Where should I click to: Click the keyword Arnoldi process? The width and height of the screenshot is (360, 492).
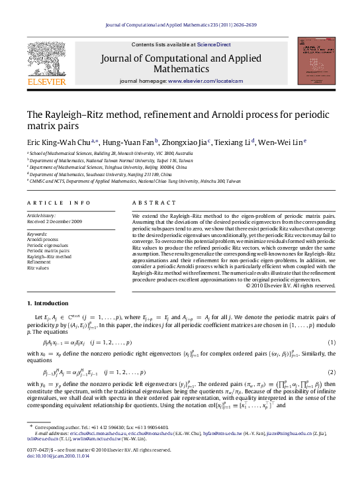point(42,239)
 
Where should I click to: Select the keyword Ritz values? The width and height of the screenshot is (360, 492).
point(38,268)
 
